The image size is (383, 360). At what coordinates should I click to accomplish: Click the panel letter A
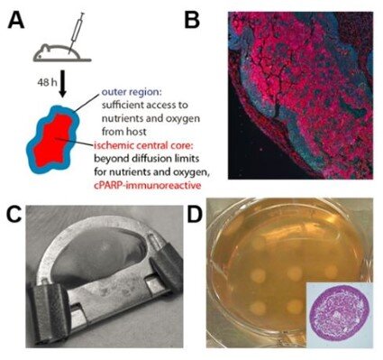15,18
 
